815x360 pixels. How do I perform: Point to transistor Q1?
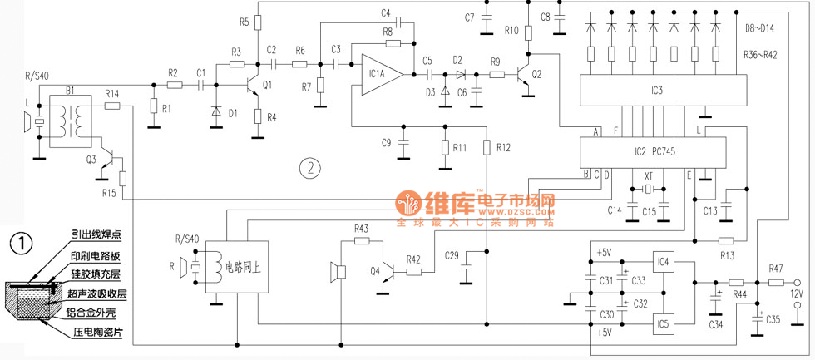point(254,85)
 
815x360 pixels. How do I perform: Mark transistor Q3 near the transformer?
point(106,162)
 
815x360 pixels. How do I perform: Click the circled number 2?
point(309,168)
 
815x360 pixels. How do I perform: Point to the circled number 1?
point(21,243)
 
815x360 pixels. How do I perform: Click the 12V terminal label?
point(795,293)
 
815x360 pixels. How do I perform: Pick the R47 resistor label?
point(775,269)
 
